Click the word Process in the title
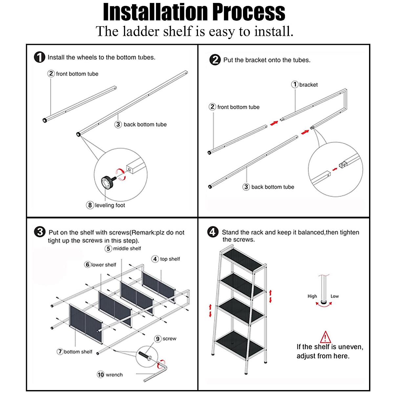pyautogui.click(x=249, y=12)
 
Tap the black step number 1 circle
pyautogui.click(x=40, y=57)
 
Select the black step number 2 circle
pyautogui.click(x=215, y=60)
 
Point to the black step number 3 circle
pyautogui.click(x=40, y=232)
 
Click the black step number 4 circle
pyautogui.click(x=213, y=232)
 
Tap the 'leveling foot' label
pyautogui.click(x=110, y=205)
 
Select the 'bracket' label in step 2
pyautogui.click(x=308, y=85)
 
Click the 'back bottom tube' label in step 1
pyautogui.click(x=145, y=124)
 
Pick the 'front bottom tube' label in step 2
pyautogui.click(x=238, y=107)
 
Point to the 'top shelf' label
pyautogui.click(x=170, y=259)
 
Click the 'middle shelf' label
pyautogui.click(x=127, y=249)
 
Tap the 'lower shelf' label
pyautogui.click(x=103, y=265)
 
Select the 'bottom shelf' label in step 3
pyautogui.click(x=78, y=352)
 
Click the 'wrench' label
pyautogui.click(x=114, y=375)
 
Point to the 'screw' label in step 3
pyautogui.click(x=169, y=339)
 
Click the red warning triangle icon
pyautogui.click(x=325, y=337)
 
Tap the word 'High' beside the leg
pyautogui.click(x=312, y=296)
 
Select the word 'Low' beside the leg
pyautogui.click(x=335, y=296)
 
